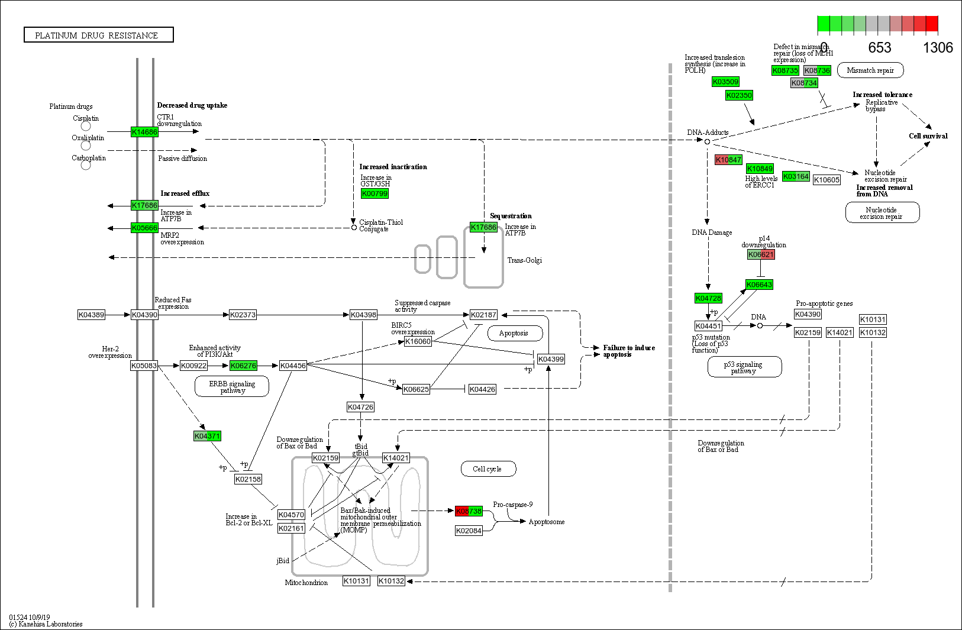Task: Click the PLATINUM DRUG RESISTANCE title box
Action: [98, 35]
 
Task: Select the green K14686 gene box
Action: [144, 132]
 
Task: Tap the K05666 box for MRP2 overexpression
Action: [144, 228]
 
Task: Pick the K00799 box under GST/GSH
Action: [375, 193]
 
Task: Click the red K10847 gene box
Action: [728, 160]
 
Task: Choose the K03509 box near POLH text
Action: [725, 82]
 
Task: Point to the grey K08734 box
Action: [804, 83]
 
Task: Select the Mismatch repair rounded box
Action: [870, 70]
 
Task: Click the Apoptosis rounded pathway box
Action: [513, 333]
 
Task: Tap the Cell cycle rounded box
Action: [488, 469]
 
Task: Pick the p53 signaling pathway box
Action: [744, 367]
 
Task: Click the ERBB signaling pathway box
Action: [231, 387]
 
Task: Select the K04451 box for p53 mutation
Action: [708, 326]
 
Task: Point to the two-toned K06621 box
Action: [760, 254]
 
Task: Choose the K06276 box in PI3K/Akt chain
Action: [243, 366]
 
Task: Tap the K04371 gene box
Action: [207, 436]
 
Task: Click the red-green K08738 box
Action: [469, 511]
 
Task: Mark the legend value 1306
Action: [938, 48]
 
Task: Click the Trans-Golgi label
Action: [524, 260]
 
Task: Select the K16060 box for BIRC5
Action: [417, 341]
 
